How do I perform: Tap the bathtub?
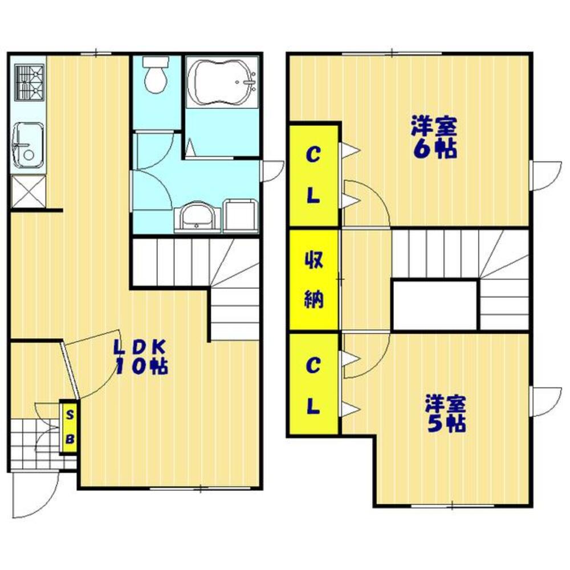coord(222,82)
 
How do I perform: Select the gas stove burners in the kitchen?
coord(29,83)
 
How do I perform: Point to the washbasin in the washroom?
coord(197,216)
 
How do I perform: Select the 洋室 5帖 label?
coord(446,413)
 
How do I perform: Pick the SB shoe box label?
coord(70,427)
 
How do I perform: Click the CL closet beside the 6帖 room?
coord(313,175)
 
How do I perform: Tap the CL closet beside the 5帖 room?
coord(313,384)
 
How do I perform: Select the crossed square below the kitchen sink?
coord(28,192)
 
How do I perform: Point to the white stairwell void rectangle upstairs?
coord(435,305)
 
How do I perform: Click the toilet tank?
coord(156,62)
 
